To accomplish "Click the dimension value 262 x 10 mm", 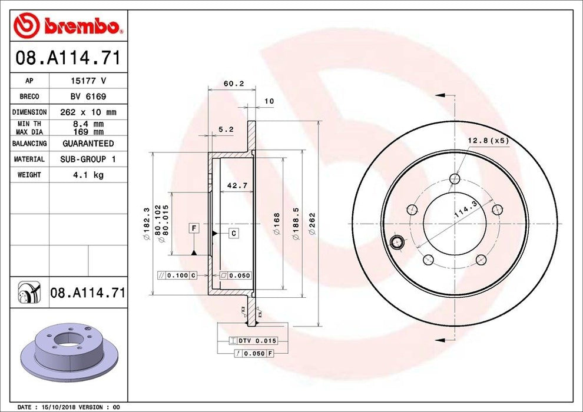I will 88,112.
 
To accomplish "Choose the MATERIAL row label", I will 29,160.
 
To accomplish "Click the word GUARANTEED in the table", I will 88,144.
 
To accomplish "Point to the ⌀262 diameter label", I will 313,224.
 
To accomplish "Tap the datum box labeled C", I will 233,234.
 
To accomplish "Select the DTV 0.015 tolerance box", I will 256,341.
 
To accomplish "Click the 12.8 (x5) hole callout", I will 488,141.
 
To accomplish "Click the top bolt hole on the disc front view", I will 455,178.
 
